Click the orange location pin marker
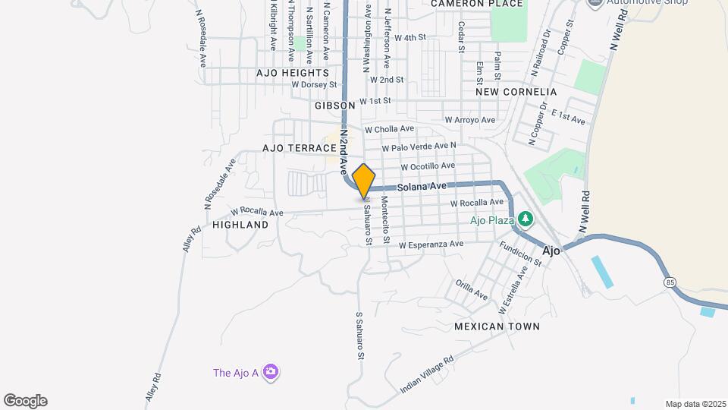[364, 181]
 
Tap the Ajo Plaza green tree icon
[525, 220]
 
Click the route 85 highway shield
[670, 282]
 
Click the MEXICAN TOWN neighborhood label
[497, 326]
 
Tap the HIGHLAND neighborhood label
[240, 225]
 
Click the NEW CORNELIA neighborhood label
[516, 92]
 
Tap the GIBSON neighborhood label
[334, 106]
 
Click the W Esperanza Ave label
[431, 244]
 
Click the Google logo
[25, 401]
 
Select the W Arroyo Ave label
[469, 120]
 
